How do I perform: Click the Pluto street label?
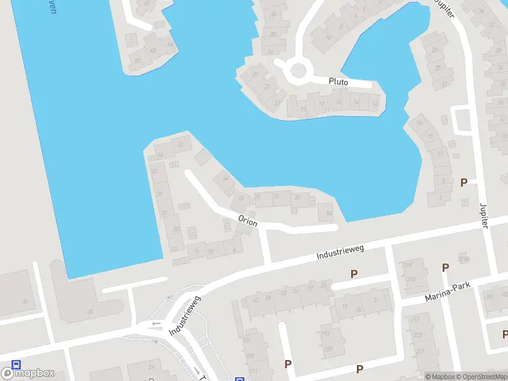(338, 81)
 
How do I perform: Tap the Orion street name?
(248, 220)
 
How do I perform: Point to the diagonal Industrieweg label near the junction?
(185, 315)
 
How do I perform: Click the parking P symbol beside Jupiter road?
(464, 182)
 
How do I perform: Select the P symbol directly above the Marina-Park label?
(445, 268)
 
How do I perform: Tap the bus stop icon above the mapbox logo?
(16, 365)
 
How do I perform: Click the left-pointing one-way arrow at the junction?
(156, 324)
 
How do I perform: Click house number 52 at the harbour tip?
(181, 145)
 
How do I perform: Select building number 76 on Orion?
(275, 197)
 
